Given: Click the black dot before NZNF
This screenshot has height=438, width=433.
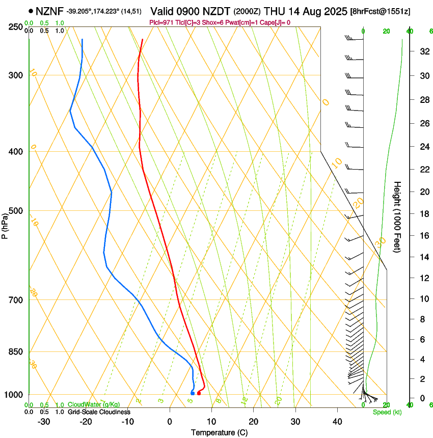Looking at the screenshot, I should [31, 11].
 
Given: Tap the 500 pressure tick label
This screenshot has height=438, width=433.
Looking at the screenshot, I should [17, 211].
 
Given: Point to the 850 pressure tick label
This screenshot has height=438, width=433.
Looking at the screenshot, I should [17, 352].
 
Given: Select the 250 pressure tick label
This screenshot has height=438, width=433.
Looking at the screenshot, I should [17, 27].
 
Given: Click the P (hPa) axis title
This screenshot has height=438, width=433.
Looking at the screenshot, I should [5, 223].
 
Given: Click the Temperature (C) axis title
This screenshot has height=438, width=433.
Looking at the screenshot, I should [219, 432].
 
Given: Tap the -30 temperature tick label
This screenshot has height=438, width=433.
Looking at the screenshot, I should [44, 422].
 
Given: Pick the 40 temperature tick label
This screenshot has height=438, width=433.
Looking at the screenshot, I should [337, 422].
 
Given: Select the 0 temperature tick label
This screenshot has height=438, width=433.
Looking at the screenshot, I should [170, 422].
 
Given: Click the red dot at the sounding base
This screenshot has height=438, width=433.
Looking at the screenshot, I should [199, 393].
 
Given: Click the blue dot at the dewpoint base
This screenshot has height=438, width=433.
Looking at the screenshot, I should [192, 393].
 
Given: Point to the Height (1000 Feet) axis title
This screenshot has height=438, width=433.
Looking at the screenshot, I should [398, 217].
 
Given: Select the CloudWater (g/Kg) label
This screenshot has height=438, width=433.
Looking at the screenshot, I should [87, 405].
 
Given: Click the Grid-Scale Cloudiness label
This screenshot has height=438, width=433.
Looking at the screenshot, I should [99, 412].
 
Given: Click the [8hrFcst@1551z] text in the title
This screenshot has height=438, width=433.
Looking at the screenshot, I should [380, 11].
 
